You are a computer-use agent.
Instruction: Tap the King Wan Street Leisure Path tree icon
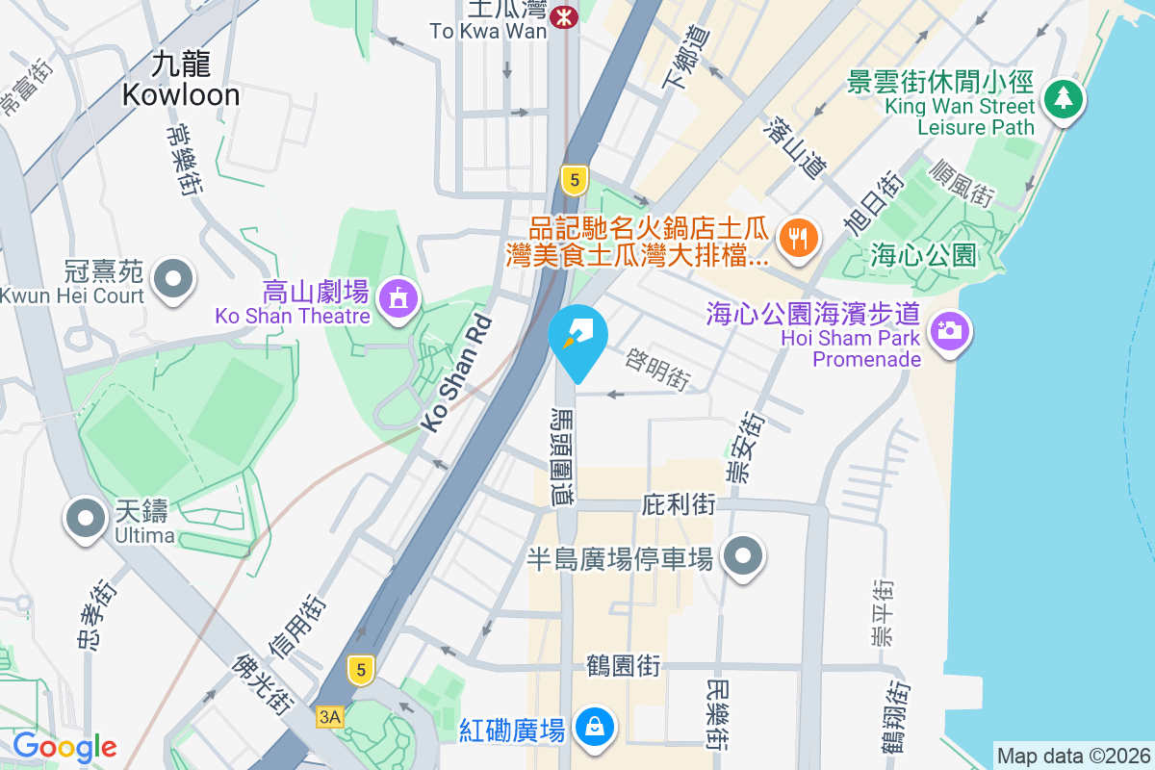click(x=1063, y=98)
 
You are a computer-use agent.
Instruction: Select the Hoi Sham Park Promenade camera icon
click(x=949, y=332)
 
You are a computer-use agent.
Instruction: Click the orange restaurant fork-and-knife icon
click(x=797, y=237)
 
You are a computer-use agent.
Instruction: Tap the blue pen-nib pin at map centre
click(x=577, y=337)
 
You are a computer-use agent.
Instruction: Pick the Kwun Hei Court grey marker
click(x=174, y=279)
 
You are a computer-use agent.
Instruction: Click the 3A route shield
click(x=330, y=716)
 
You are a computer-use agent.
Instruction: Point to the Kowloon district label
click(x=181, y=80)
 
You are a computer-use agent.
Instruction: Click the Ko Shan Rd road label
click(x=456, y=372)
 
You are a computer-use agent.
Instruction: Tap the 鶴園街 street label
click(x=623, y=665)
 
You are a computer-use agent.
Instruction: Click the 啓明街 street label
click(x=657, y=369)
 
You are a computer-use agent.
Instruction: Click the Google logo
click(x=64, y=746)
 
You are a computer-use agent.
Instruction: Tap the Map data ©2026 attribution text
click(x=1072, y=756)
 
